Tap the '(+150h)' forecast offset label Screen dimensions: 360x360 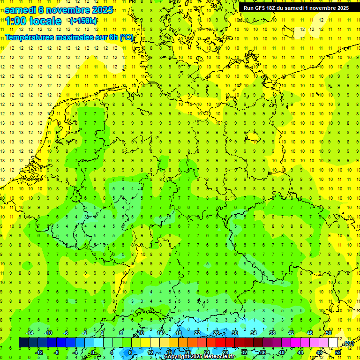tap(83, 21)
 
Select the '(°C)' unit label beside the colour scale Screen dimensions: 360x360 tap(348, 344)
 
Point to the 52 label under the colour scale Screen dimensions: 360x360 tap(338, 352)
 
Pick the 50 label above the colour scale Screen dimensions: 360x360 tap(329, 333)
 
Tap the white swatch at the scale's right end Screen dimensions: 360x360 tap(333, 343)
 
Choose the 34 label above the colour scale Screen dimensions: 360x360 tap(254, 333)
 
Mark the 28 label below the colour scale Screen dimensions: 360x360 tap(225, 352)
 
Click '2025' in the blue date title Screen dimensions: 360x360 tap(99, 10)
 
